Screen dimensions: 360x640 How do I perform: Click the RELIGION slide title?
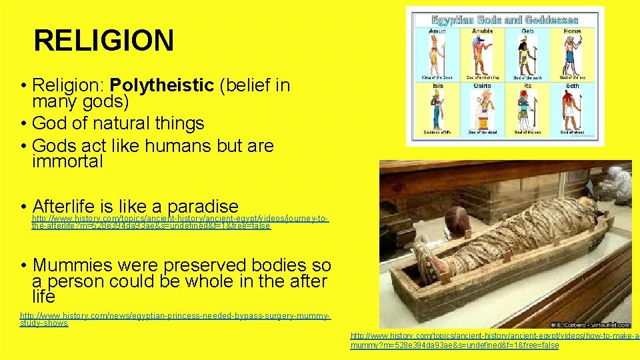coord(103,40)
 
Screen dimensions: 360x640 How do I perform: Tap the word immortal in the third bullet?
coord(67,161)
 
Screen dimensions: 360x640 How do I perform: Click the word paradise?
coord(203,206)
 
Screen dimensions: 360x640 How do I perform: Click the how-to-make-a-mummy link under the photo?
coord(493,341)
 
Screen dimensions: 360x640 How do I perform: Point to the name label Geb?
coord(527,31)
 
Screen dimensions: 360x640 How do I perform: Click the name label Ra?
coord(527,85)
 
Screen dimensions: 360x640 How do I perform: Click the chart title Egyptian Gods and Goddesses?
coord(505,19)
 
